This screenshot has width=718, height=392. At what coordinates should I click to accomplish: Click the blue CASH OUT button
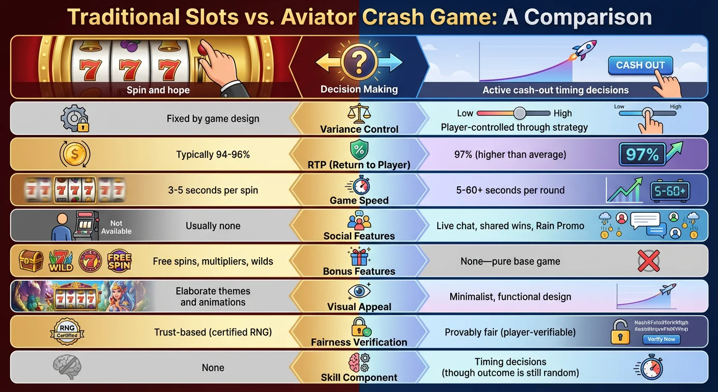tap(640, 65)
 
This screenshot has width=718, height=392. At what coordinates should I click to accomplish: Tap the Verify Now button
tap(661, 339)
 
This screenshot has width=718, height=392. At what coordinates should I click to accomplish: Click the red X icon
tap(649, 261)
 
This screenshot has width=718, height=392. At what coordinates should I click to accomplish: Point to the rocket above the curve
tap(584, 51)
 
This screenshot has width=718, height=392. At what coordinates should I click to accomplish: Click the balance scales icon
tap(359, 112)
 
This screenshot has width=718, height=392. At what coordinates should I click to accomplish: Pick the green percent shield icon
tap(359, 150)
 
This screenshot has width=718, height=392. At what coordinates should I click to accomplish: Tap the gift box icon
tap(359, 255)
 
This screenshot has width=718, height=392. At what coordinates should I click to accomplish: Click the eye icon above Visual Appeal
tap(359, 290)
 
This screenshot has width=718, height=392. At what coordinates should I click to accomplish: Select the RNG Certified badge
tap(68, 332)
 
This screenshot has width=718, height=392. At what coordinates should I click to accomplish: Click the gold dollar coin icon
tap(74, 154)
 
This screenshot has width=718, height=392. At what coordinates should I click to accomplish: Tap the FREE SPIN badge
tap(119, 261)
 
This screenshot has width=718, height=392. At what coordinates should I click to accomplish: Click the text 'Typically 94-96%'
tap(213, 154)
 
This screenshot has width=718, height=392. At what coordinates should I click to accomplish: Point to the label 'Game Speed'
tap(359, 201)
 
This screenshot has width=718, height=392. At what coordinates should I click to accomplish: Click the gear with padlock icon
tap(74, 118)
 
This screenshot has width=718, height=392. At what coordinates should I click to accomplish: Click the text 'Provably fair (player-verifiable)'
tap(510, 332)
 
